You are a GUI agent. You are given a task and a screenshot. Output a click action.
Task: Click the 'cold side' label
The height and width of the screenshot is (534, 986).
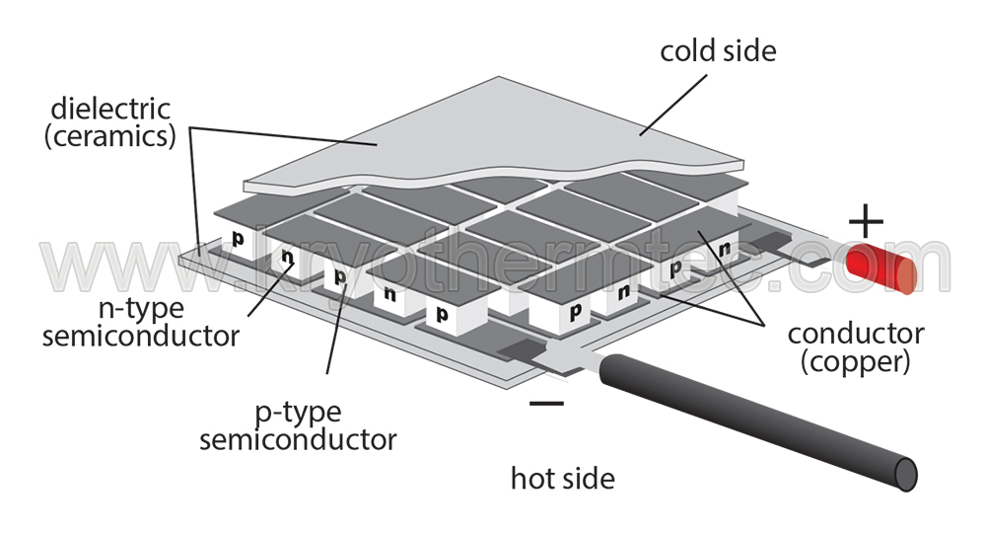[718, 51]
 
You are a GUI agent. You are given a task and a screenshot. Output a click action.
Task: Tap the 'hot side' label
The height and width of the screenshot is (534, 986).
[563, 479]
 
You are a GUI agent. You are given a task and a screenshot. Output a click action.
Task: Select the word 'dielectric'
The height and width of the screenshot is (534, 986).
[110, 109]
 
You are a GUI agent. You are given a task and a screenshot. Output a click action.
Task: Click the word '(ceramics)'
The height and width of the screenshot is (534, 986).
[110, 136]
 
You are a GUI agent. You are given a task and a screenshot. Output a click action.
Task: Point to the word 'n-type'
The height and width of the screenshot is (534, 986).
[141, 309]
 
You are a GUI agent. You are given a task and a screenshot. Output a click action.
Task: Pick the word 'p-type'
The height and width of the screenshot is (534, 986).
[299, 414]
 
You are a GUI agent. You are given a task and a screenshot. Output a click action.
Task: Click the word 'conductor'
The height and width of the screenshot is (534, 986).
[856, 334]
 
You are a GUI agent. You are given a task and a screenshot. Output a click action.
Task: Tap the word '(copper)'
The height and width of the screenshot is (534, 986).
[855, 362]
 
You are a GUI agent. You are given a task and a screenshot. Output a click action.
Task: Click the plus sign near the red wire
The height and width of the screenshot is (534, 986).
[866, 221]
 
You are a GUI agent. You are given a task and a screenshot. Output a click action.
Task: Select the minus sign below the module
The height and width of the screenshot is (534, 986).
[546, 403]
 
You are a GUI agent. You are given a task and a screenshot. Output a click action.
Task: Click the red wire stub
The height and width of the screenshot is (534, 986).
[881, 268]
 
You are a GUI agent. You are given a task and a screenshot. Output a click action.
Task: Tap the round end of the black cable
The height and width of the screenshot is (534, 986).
[906, 474]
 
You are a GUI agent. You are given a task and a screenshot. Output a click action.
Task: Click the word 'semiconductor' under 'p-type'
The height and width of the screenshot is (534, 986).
[298, 439]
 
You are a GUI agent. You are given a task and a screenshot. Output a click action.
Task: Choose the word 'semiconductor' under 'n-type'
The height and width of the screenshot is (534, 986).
[141, 336]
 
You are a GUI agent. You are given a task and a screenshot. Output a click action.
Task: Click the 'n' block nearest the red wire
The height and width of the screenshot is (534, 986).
[723, 250]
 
